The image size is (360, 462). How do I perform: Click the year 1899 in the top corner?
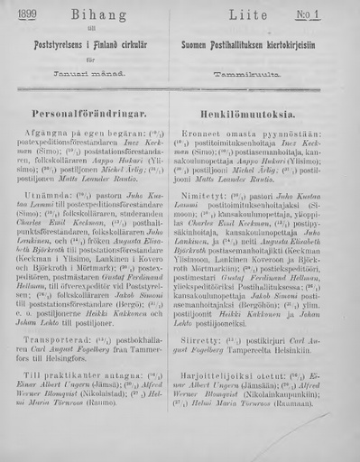pos(20,12)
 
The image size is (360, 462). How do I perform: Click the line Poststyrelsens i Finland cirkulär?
pos(89,41)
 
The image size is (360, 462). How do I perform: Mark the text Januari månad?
pos(90,67)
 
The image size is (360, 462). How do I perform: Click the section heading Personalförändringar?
pos(90,115)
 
